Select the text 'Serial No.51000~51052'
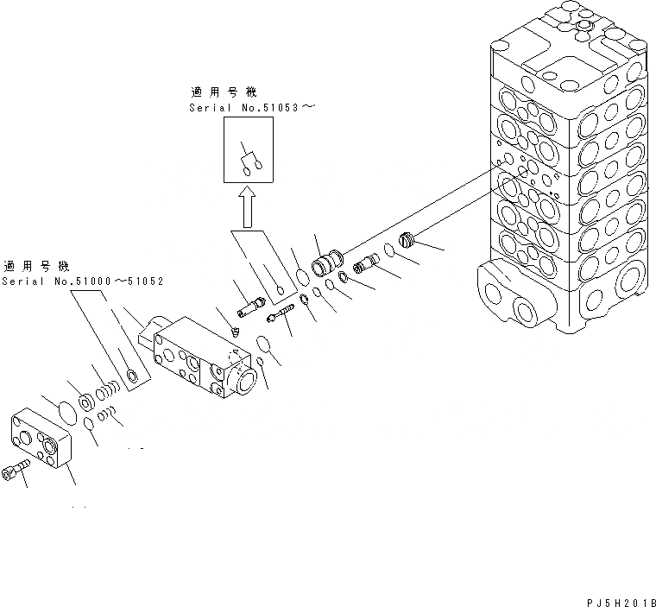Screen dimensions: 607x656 83,281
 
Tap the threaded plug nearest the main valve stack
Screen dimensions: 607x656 407,240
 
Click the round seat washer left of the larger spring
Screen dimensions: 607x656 86,402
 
